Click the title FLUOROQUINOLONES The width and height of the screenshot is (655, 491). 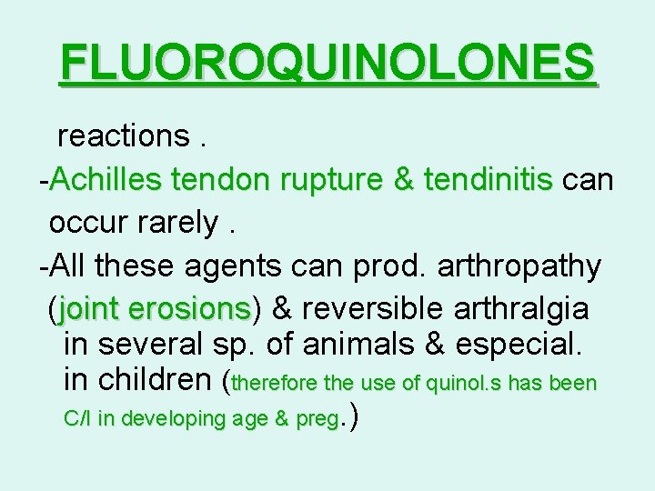[327, 64]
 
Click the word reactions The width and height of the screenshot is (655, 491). [122, 135]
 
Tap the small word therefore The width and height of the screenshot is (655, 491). [278, 383]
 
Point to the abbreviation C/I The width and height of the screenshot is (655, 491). [79, 419]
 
